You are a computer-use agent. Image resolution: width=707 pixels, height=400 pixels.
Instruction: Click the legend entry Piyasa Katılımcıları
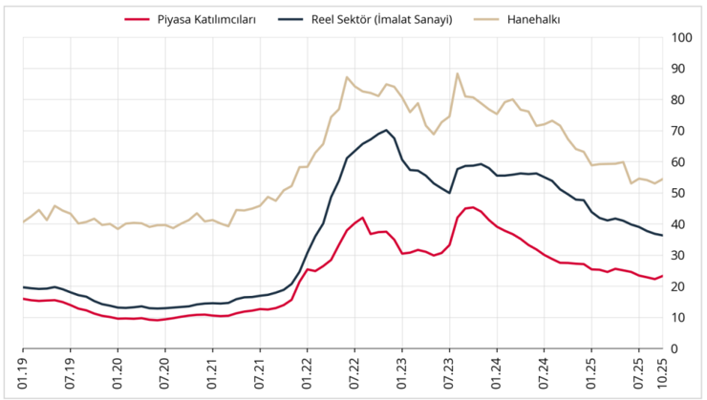(x=206, y=18)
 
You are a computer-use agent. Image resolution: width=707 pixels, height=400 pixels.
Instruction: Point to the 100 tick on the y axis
(x=681, y=37)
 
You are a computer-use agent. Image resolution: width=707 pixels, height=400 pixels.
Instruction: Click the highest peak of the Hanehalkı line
(x=458, y=74)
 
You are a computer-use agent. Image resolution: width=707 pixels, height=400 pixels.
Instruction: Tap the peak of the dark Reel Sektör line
(x=386, y=130)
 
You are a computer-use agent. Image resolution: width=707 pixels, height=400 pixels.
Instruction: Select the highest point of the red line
(x=472, y=206)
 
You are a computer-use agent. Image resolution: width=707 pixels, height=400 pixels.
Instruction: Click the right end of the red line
(x=663, y=276)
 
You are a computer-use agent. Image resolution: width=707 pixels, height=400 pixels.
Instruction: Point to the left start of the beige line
(x=23, y=221)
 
